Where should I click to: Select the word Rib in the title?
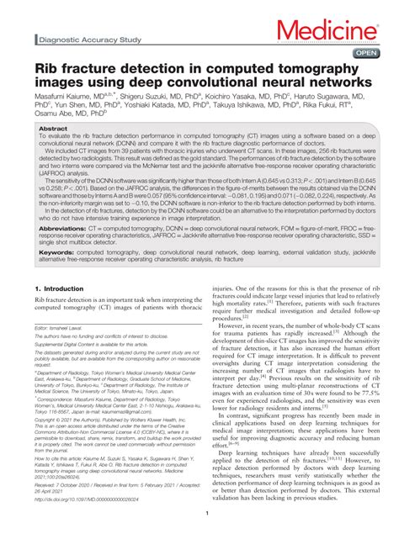coord(45,68)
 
